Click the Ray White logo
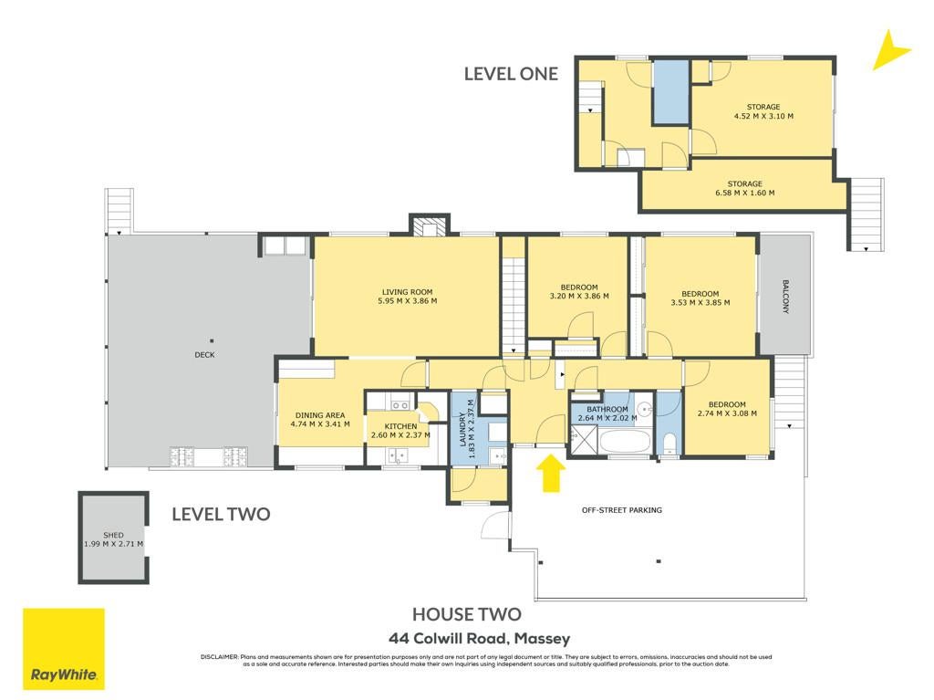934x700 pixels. point(64,649)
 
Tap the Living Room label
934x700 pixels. point(408,292)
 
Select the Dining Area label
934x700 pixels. point(320,415)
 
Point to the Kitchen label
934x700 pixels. point(401,426)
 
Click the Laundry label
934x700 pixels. point(462,429)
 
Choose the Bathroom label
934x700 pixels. point(607,410)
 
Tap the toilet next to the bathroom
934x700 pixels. point(669,444)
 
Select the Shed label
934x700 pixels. point(113,536)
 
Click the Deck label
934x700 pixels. point(204,355)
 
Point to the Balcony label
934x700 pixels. point(785,297)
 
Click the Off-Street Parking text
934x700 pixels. point(622,510)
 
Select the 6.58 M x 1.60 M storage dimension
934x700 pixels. point(744,193)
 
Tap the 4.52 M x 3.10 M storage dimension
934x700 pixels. point(763,116)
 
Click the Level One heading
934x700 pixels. point(511,74)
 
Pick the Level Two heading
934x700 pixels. point(221,514)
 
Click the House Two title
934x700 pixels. point(467,614)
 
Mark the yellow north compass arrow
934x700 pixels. point(889,50)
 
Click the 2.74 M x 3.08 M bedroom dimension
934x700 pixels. point(727,413)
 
